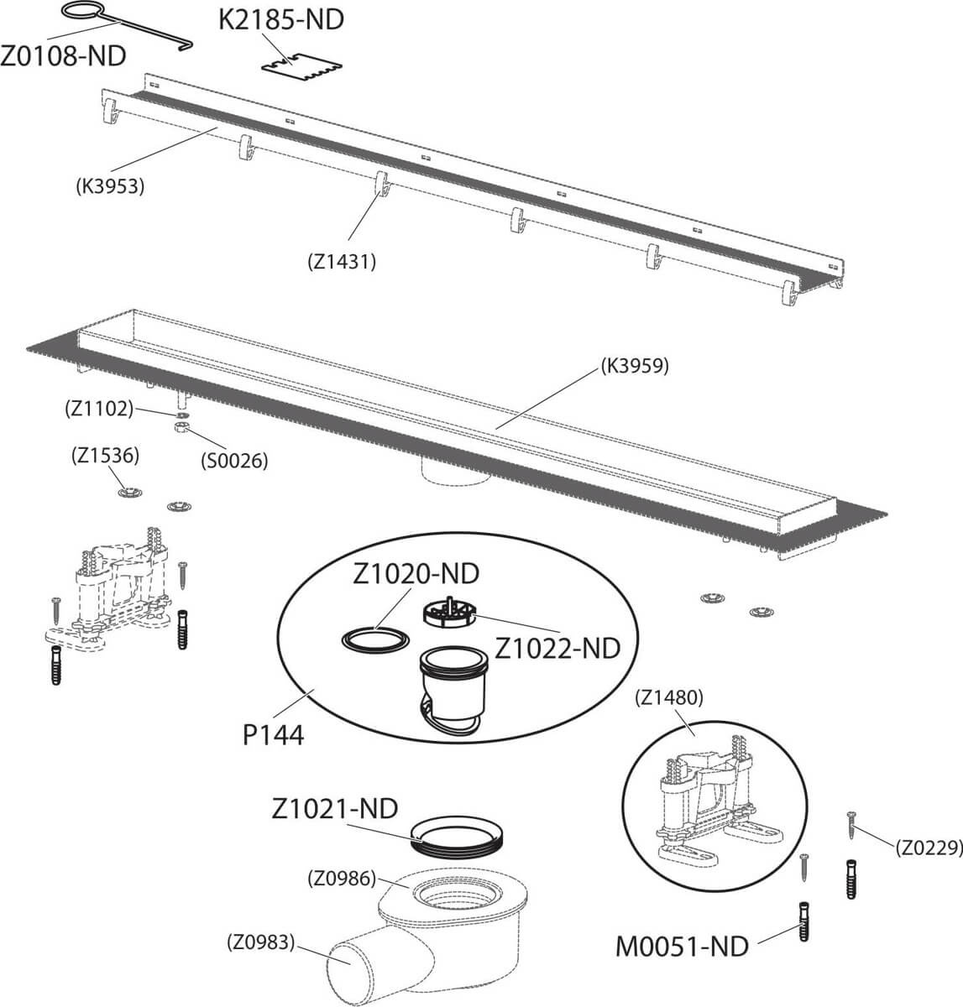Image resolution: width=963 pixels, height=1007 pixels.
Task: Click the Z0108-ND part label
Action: pyautogui.click(x=64, y=56)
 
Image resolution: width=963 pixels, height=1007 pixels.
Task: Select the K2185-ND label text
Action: pyautogui.click(x=281, y=19)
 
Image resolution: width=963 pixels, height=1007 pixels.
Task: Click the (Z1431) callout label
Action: pyautogui.click(x=341, y=261)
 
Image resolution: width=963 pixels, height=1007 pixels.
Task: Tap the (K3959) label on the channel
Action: pyautogui.click(x=634, y=365)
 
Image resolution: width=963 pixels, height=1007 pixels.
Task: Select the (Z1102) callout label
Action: pyautogui.click(x=99, y=409)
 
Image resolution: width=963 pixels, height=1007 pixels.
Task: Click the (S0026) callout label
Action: pyautogui.click(x=233, y=460)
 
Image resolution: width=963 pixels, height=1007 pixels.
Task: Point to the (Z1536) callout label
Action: pyautogui.click(x=105, y=456)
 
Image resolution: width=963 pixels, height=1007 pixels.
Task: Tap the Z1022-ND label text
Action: pyautogui.click(x=557, y=648)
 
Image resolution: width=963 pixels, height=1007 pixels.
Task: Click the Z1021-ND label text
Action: pyautogui.click(x=334, y=808)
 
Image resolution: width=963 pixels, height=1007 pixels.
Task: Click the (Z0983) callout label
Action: pyautogui.click(x=261, y=942)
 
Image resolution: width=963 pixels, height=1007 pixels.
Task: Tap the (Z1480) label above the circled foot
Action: pyautogui.click(x=669, y=696)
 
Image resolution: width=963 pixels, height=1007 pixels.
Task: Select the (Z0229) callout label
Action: pyautogui.click(x=927, y=848)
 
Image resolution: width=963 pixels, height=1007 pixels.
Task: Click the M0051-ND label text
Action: pyautogui.click(x=682, y=946)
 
